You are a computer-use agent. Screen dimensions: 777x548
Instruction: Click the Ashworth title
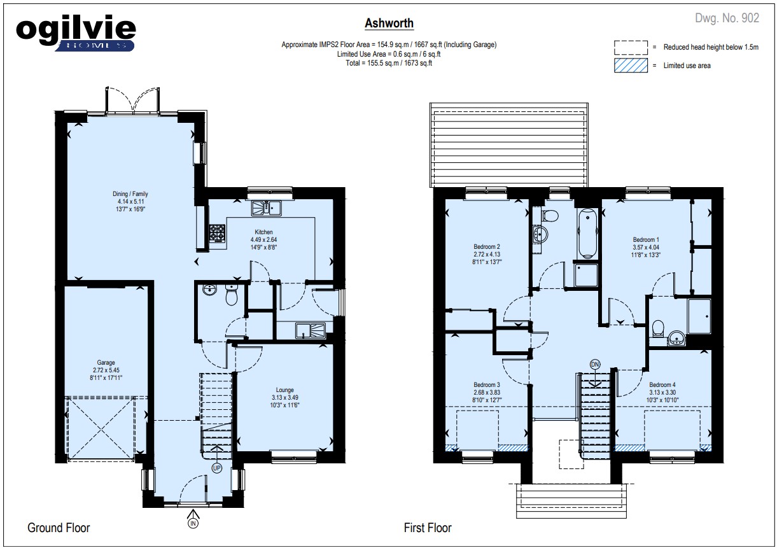[x=389, y=24]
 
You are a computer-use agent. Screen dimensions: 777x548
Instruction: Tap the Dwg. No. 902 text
[x=727, y=18]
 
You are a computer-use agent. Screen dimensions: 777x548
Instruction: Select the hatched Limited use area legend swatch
[x=631, y=66]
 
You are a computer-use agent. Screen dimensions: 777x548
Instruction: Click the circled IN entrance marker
[x=193, y=523]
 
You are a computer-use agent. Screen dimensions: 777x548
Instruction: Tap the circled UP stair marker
[x=217, y=468]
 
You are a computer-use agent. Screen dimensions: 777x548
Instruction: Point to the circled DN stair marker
[x=595, y=365]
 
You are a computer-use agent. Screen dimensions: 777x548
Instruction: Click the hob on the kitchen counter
[x=218, y=233]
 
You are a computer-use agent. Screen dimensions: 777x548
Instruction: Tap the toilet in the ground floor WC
[x=232, y=295]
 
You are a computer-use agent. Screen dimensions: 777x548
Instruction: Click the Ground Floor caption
[x=59, y=528]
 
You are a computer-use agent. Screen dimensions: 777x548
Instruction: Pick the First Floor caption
[x=428, y=528]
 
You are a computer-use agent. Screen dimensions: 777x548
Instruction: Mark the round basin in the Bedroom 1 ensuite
[x=676, y=338]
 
